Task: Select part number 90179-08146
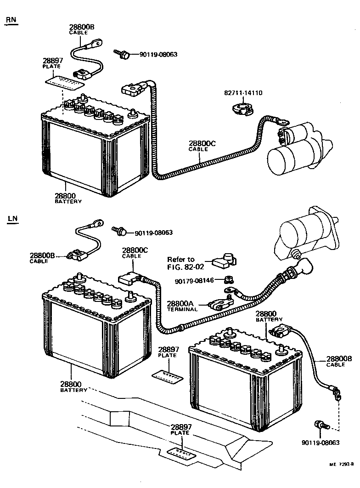(195, 280)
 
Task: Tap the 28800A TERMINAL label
(182, 306)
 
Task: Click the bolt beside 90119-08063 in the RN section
(122, 54)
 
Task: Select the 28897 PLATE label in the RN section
(52, 63)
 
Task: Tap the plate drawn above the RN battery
(66, 81)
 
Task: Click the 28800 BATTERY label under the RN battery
(68, 198)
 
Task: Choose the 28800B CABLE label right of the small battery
(338, 361)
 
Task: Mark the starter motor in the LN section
(309, 233)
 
